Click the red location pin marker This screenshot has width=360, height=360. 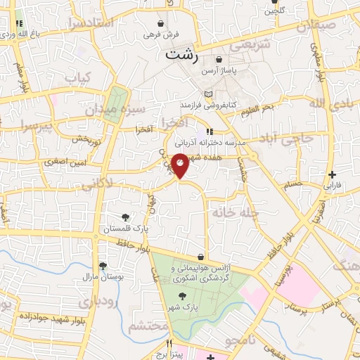pos(181,165)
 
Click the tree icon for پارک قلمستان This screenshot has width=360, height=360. pos(124,217)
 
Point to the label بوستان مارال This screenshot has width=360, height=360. pos(103,277)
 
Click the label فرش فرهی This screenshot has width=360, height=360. pos(161,34)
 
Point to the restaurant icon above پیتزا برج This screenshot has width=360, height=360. pos(169,343)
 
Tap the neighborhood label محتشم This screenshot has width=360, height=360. pos(149,326)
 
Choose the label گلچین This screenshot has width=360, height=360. pos(274,11)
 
